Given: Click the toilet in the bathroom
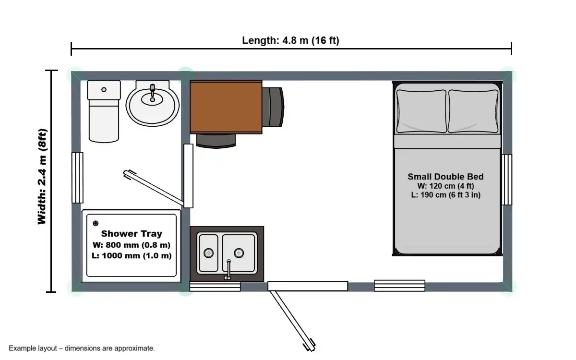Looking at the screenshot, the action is pyautogui.click(x=104, y=111).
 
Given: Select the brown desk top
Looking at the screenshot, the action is pyautogui.click(x=226, y=107).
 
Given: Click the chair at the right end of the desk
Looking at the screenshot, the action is pyautogui.click(x=273, y=107).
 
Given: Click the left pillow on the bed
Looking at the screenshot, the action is pyautogui.click(x=421, y=111).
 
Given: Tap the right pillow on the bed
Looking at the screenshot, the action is pyautogui.click(x=473, y=111).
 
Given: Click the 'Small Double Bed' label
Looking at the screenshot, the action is pyautogui.click(x=445, y=177).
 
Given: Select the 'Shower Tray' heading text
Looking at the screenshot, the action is pyautogui.click(x=132, y=233).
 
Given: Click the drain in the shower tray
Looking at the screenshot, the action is pyautogui.click(x=96, y=223).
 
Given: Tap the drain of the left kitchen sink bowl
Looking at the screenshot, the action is pyautogui.click(x=208, y=253).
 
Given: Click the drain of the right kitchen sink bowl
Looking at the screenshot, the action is pyautogui.click(x=239, y=253).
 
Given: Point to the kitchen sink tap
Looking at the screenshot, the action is pyautogui.click(x=228, y=270).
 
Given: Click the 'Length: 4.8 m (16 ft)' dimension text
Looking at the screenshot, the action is pyautogui.click(x=290, y=40).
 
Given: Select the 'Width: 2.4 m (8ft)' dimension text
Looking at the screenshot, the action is pyautogui.click(x=42, y=177).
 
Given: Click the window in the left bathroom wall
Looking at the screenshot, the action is pyautogui.click(x=77, y=178).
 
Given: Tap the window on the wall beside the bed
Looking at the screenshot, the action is pyautogui.click(x=507, y=180).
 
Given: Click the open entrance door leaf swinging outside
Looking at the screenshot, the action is pyautogui.click(x=293, y=321).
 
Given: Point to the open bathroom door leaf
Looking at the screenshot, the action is pyautogui.click(x=154, y=188).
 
